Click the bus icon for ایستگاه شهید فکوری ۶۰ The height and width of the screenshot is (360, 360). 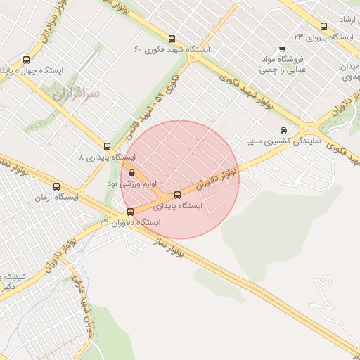pos(172,39)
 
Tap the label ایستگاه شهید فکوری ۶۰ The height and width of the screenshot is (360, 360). pos(172,51)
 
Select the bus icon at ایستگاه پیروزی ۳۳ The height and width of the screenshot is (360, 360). pos(323,25)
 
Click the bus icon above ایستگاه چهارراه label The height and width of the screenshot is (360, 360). pos(27,60)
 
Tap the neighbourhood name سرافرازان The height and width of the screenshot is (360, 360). pos(77,92)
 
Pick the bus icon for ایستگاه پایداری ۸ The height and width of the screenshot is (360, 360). pos(107,146)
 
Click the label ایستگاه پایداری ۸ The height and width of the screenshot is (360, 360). pos(107,157)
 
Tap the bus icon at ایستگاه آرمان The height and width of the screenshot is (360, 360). pos(56,186)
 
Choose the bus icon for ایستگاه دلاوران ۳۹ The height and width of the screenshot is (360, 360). pos(130,212)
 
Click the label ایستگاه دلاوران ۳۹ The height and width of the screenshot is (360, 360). pos(130,222)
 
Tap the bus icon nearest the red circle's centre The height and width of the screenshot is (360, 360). pos(177,195)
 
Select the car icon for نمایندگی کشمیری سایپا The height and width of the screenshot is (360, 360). pos(283,130)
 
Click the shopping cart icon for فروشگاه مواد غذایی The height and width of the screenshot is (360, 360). pos(282,49)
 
